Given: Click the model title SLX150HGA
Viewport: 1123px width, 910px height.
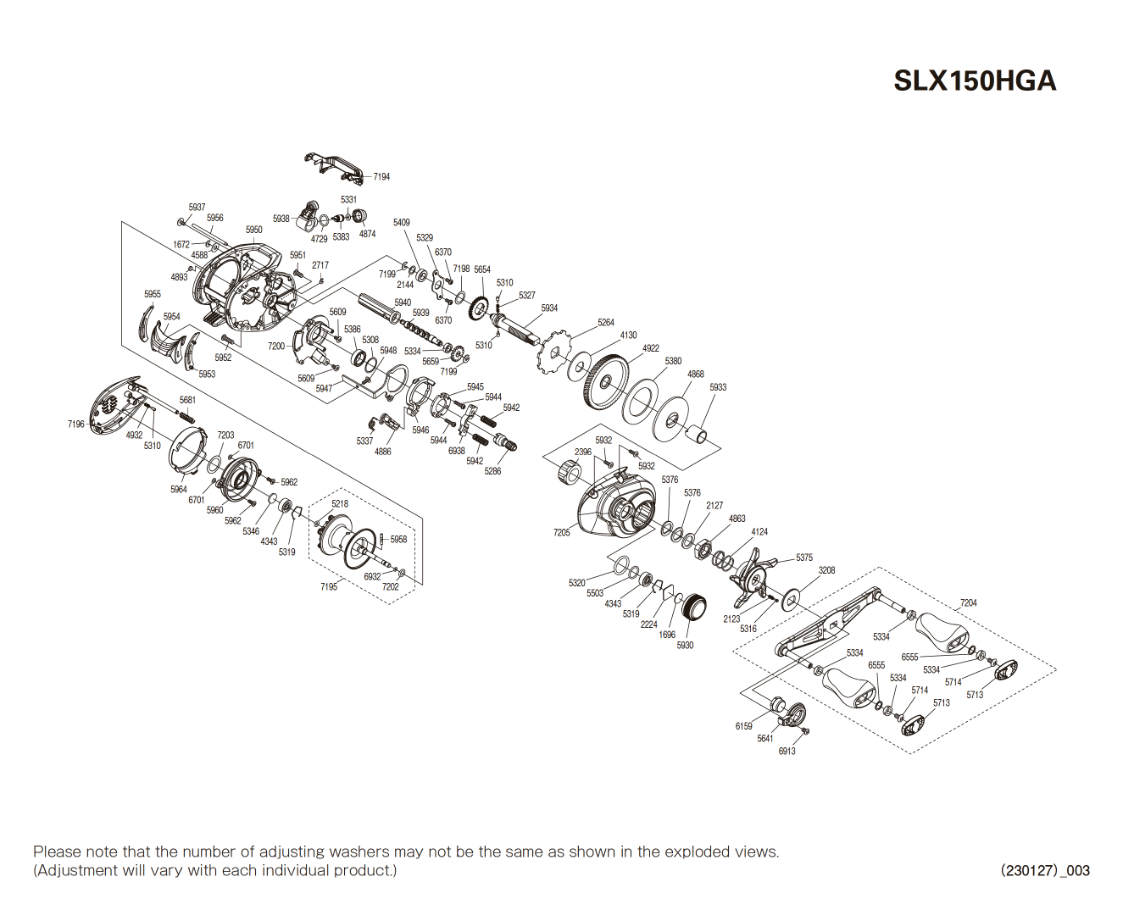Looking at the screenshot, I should point(975,80).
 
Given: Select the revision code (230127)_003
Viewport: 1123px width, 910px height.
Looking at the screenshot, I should point(1045,870).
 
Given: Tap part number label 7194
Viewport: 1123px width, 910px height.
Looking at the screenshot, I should point(381,177).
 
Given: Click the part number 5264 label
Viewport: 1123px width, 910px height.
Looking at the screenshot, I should point(605,323).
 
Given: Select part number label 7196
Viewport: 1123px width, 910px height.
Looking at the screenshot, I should point(76,424).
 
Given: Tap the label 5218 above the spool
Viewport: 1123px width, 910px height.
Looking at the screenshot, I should point(340,503).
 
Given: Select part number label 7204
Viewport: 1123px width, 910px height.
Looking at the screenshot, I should point(968,603).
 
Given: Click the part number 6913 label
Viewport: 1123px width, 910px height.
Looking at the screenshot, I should point(787,751).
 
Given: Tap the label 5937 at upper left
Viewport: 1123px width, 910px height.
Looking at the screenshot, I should point(197,208).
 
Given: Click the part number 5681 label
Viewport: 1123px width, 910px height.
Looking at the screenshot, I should point(187,400).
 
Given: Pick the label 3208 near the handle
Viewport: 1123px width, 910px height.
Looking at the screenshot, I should point(826,570).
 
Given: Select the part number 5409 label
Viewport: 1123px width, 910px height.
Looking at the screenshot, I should point(401,223).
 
